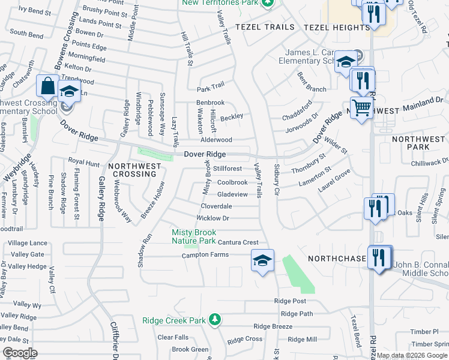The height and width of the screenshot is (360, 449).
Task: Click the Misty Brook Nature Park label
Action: (x=193, y=236)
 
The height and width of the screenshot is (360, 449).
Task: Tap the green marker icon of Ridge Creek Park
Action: (x=215, y=320)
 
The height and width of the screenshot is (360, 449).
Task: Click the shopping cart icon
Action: (x=361, y=109)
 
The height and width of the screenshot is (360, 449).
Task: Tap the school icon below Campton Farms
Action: (x=262, y=260)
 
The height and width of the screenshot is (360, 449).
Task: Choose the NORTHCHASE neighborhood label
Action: (x=337, y=259)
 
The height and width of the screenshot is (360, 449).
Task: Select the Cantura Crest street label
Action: (x=238, y=242)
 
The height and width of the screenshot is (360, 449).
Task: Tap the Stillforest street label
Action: (x=228, y=169)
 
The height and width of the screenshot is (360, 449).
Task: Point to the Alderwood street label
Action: (x=216, y=140)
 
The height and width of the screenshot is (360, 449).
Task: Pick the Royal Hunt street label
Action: (x=83, y=162)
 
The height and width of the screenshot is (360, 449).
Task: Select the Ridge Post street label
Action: (x=290, y=301)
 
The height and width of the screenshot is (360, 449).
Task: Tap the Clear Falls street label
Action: (x=173, y=337)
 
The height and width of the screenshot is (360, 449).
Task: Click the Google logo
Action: (x=20, y=353)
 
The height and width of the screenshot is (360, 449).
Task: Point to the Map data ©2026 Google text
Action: (x=413, y=355)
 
